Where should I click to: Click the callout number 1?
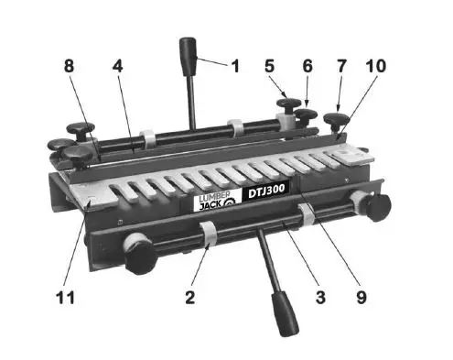coord(234,66)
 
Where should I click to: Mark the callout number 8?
coord(69,66)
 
